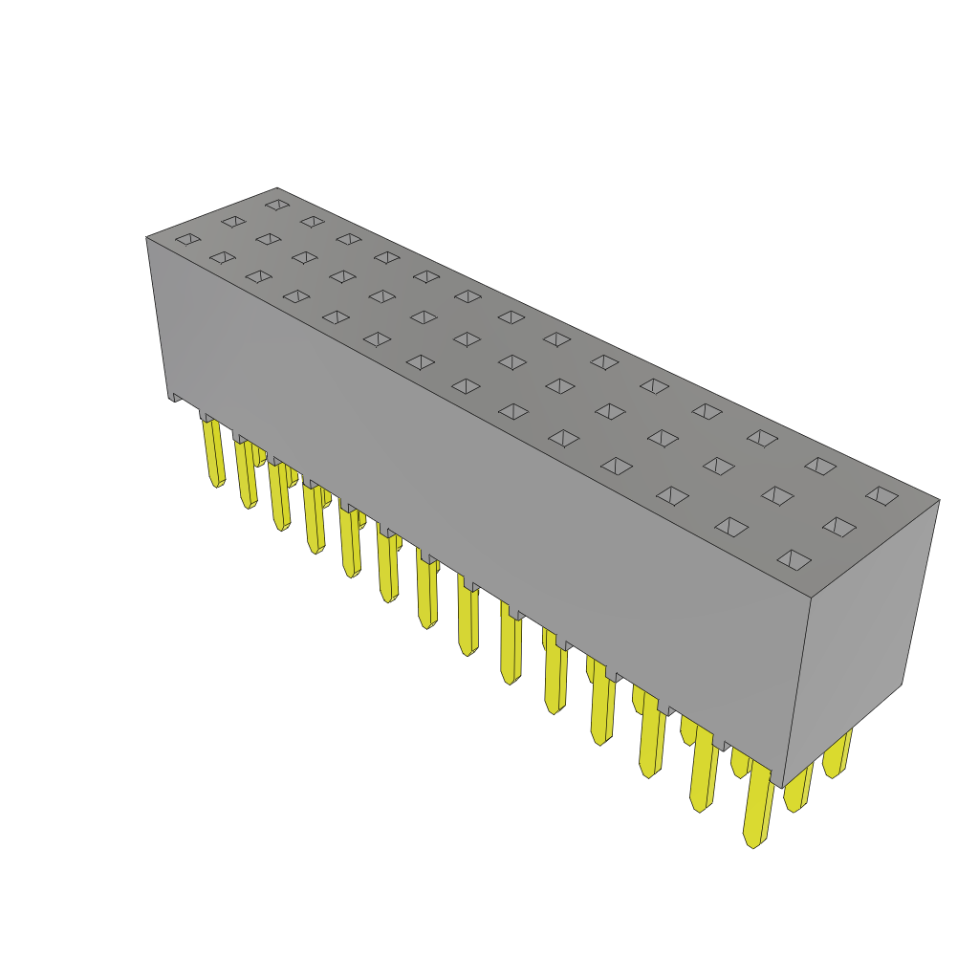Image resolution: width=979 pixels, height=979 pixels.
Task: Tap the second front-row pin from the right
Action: point(704,770)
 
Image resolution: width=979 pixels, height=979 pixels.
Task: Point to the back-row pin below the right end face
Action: point(837,755)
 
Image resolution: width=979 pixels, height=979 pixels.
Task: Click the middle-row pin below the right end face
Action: point(797,788)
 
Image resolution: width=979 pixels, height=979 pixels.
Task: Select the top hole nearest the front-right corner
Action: point(794,559)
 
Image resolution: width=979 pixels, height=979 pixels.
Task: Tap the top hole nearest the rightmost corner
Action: point(881,495)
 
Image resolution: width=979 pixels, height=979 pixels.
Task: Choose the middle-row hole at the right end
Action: point(838,527)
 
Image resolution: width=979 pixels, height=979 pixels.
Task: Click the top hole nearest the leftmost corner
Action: point(188,239)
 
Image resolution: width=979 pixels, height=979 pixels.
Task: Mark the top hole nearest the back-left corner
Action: point(277,205)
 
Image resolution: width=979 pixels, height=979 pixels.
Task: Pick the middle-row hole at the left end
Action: point(233,222)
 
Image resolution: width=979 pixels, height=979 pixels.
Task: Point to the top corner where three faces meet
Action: point(811,598)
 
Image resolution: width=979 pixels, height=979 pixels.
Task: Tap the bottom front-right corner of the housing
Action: point(783,786)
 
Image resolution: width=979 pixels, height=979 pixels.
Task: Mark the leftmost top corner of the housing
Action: point(147,237)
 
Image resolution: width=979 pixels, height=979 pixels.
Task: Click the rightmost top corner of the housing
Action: point(939,500)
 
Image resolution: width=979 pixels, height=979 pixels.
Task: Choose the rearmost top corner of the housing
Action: point(277,188)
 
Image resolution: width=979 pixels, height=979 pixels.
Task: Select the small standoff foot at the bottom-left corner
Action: point(175,397)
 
